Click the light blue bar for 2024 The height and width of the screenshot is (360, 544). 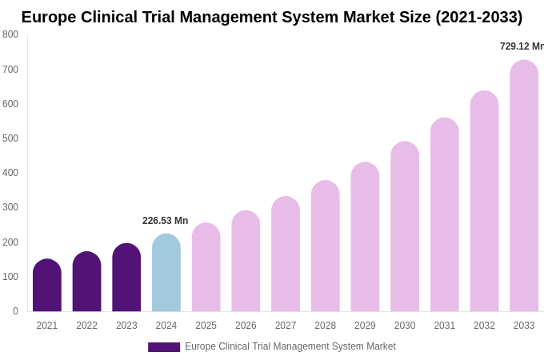pyautogui.click(x=166, y=273)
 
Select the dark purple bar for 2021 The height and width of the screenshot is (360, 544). pyautogui.click(x=47, y=286)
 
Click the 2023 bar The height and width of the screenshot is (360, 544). pyautogui.click(x=126, y=278)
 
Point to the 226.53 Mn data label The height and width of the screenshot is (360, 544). pyautogui.click(x=166, y=221)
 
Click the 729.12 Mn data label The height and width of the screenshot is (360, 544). pyautogui.click(x=522, y=46)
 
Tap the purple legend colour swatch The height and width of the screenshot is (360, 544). pyautogui.click(x=164, y=347)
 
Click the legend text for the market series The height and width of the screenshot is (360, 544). pyautogui.click(x=290, y=346)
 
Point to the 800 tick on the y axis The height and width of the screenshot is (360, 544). pyautogui.click(x=10, y=34)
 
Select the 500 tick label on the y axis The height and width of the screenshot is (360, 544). pyautogui.click(x=10, y=138)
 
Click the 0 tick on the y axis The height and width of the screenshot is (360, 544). pyautogui.click(x=15, y=311)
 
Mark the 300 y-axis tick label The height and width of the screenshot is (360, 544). pyautogui.click(x=10, y=207)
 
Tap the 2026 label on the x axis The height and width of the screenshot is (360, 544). pyautogui.click(x=246, y=326)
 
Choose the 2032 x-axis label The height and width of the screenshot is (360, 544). pyautogui.click(x=484, y=326)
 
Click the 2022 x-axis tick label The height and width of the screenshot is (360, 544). pyautogui.click(x=87, y=326)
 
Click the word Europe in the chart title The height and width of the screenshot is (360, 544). pyautogui.click(x=49, y=17)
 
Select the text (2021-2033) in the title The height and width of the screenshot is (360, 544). pyautogui.click(x=478, y=17)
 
